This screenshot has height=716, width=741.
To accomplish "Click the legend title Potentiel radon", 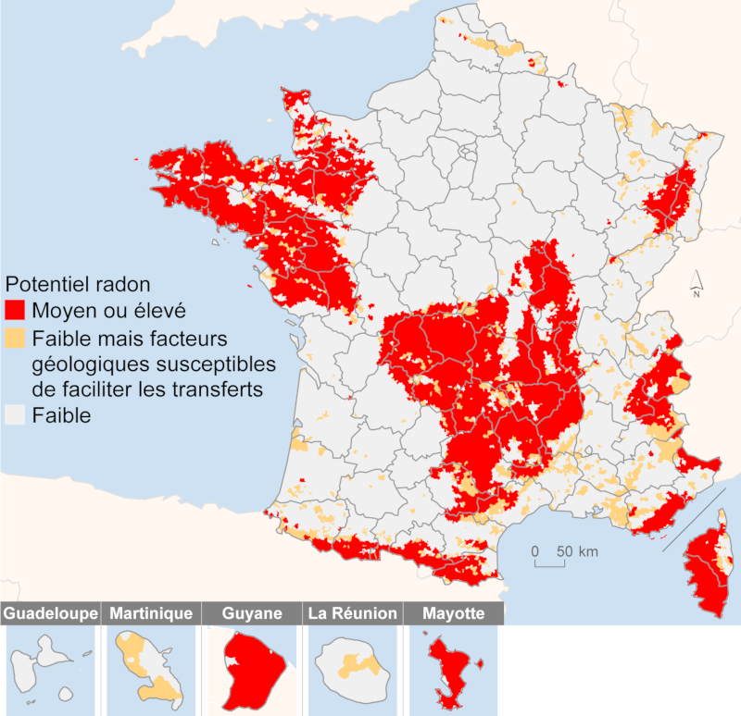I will pos(78,282).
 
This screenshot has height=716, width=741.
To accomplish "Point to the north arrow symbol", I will pos(697,282).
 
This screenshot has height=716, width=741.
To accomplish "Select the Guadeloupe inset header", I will pos(50,613).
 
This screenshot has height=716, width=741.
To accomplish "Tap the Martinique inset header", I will pos(151,613).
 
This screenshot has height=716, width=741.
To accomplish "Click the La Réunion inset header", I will pos(352,613).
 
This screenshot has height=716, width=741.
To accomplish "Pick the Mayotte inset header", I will pos(452,613).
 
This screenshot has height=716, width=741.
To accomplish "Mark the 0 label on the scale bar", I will pos(535,551).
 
